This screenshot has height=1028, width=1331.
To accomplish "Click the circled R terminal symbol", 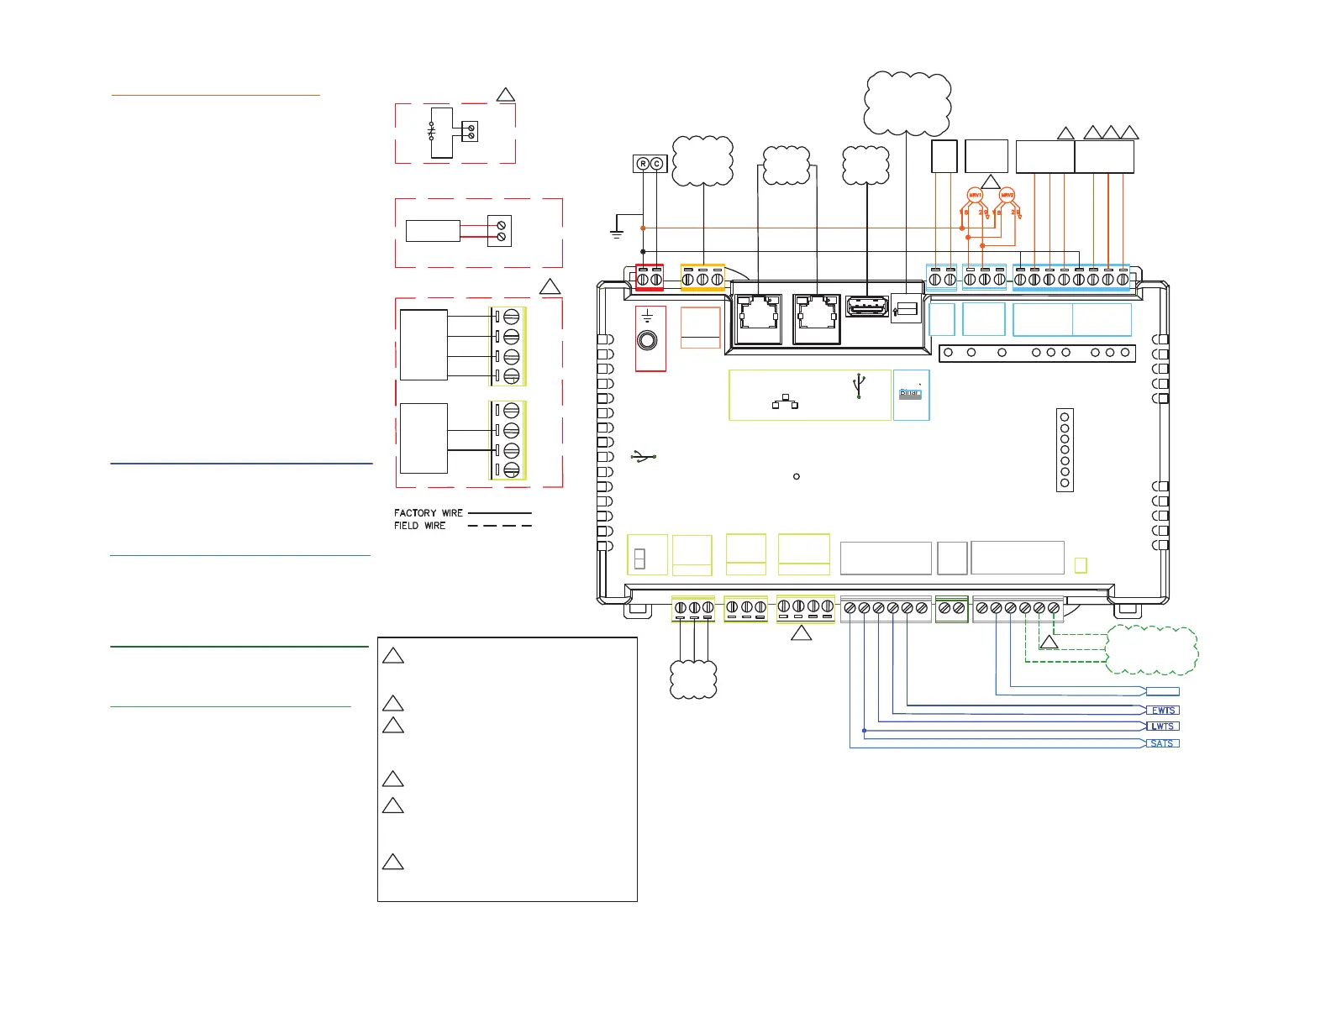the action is coord(643,164).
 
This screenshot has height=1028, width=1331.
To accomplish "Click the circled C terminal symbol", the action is coord(657,164).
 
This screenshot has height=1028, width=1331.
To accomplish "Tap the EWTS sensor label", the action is coord(1163,711).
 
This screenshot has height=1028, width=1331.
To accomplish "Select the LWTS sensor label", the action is coord(1163,726).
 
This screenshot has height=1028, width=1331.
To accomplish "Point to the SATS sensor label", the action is coord(1163,743).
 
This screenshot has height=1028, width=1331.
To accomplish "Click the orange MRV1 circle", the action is coord(975,196).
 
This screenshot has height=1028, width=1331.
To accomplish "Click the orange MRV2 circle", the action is coord(1007,196).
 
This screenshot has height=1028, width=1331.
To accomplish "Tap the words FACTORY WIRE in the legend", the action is coord(429,513).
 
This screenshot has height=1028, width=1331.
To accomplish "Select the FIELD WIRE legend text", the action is coord(420,526).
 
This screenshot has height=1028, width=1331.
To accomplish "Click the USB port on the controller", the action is coord(867,307).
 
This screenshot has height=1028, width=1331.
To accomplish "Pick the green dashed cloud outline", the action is coord(1151,650).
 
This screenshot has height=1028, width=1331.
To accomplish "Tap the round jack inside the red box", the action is coord(648,340).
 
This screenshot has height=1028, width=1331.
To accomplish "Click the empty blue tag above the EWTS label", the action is coord(1163,692).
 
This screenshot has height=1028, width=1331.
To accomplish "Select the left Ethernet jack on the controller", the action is coord(758,317).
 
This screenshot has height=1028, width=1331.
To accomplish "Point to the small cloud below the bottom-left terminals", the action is coord(694,679).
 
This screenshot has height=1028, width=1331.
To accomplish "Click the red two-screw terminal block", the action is coord(650,278).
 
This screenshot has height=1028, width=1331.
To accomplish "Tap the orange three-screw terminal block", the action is coord(702,278).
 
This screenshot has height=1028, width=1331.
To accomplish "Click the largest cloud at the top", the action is coord(907,102).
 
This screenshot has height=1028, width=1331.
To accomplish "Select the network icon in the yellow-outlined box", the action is coord(785,402).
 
